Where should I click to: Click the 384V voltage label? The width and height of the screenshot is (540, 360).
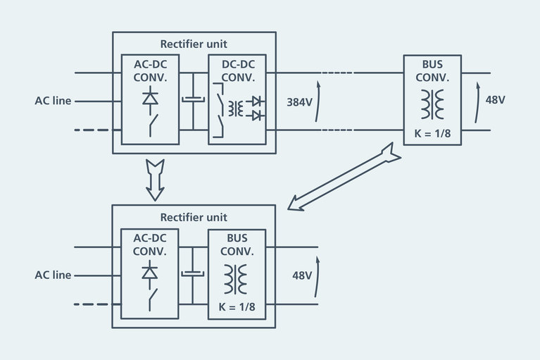299,101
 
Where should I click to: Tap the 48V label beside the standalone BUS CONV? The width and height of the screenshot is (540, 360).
495,99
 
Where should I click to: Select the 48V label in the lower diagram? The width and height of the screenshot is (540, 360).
302,275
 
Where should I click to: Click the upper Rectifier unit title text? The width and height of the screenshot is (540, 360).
194,44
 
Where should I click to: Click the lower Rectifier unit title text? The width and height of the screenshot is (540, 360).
194,217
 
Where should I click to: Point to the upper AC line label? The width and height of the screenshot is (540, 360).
53,101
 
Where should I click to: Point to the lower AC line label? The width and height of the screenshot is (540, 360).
53,275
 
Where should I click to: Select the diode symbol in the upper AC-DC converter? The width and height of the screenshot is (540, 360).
150,99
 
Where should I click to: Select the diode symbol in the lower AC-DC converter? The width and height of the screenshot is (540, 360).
150,273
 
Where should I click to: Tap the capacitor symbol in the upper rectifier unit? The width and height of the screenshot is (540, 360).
192,100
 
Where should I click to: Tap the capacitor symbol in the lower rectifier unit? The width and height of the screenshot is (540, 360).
192,274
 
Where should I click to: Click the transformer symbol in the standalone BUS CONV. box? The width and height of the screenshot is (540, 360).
432,104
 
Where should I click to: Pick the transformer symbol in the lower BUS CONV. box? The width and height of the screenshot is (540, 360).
236,278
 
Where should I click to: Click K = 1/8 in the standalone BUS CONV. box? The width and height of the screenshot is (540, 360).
432,134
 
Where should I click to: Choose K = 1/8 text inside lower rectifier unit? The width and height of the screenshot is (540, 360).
236,309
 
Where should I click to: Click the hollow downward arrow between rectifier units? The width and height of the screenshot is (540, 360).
154,179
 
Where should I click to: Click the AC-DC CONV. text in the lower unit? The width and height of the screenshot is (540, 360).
150,244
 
